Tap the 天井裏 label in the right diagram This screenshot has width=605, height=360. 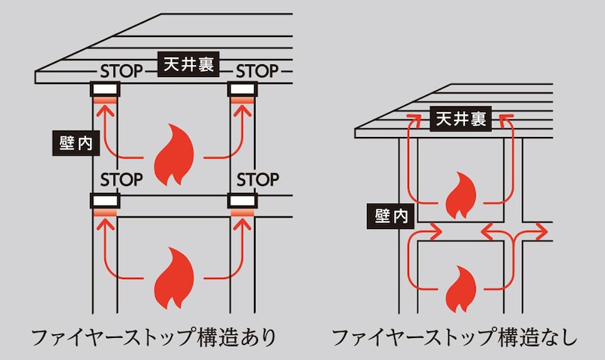(x=460, y=119)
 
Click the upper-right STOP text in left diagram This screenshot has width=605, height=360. (x=258, y=72)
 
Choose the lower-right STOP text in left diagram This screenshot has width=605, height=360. (x=258, y=181)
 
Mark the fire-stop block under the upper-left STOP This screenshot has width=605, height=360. (x=105, y=91)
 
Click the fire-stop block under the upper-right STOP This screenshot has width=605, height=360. (x=244, y=91)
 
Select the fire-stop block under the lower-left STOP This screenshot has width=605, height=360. (x=105, y=201)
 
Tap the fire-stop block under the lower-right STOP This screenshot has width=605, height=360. (x=244, y=201)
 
